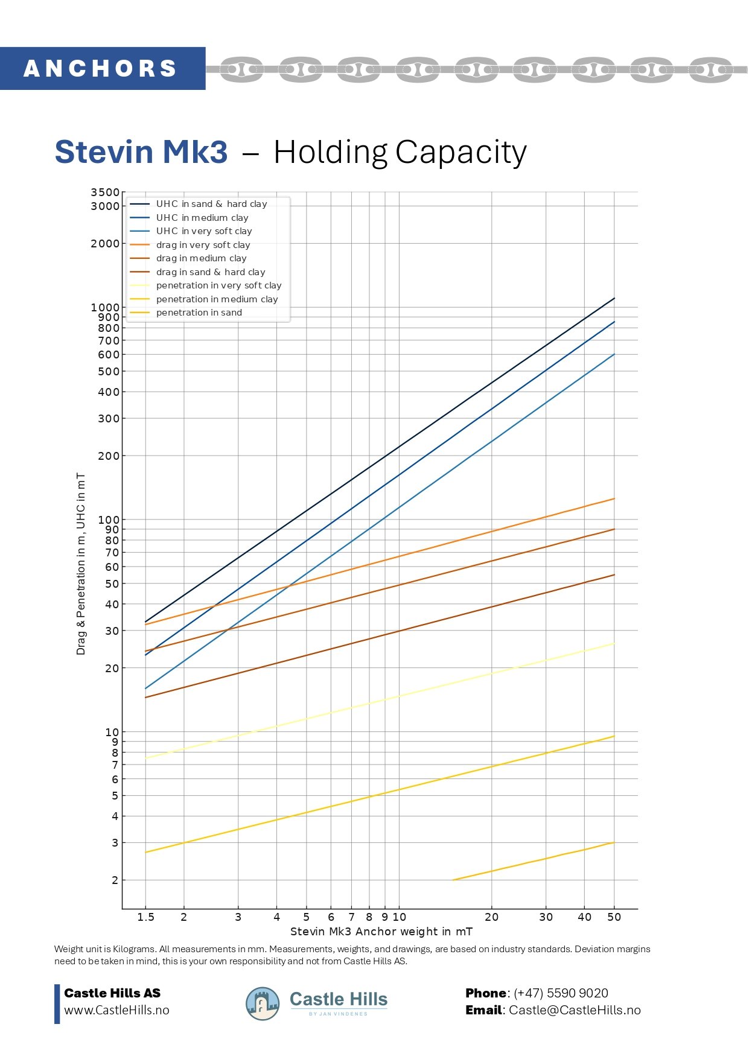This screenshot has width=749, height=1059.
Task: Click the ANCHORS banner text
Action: coord(100,69)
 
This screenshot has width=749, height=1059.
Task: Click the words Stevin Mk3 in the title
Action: coord(141,151)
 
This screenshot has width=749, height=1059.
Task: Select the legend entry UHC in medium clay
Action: coord(202,218)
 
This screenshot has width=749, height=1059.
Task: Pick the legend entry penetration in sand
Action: coord(199,313)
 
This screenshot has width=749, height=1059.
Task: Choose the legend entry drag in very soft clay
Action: coord(203,245)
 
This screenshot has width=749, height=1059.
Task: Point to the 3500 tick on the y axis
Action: coord(105,192)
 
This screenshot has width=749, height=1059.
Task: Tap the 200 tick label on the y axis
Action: coord(109,456)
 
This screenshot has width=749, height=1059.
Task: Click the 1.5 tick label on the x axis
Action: coord(145,917)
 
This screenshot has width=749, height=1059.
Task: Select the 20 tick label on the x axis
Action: coord(492,917)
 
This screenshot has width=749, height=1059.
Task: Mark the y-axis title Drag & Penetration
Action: coord(81,564)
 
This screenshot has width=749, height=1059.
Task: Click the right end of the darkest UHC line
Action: coord(614,298)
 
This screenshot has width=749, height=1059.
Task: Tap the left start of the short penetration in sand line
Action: coord(453,880)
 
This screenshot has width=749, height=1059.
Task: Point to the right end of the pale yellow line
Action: coord(614,643)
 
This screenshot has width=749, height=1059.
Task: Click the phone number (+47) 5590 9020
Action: coord(561,993)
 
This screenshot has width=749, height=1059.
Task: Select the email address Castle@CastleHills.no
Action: coord(575,1010)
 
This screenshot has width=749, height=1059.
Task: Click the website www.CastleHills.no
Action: coord(116,1010)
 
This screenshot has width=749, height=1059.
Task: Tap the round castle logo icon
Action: coord(263,1003)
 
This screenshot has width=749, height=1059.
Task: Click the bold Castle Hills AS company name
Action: coord(112,993)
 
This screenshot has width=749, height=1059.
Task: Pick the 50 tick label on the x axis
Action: coord(614,917)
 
